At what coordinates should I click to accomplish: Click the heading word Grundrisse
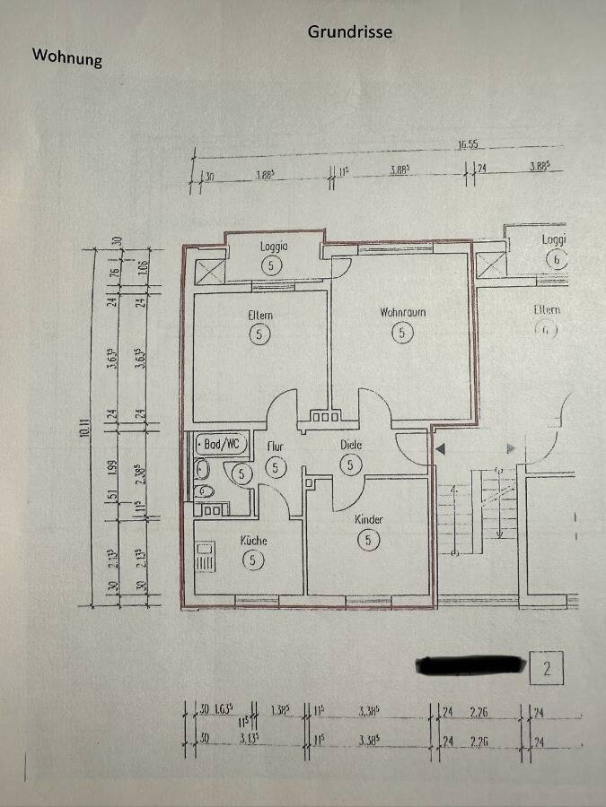(x=350, y=31)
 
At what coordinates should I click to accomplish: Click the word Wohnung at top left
(x=67, y=56)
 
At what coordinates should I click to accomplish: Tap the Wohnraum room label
(x=402, y=313)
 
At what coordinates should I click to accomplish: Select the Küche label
(x=253, y=541)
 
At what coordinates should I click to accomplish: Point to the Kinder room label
(x=368, y=520)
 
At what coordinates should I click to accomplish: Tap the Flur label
(x=276, y=446)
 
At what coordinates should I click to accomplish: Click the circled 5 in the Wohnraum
(x=402, y=333)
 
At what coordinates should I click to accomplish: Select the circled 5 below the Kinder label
(x=368, y=540)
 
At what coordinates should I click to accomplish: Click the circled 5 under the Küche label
(x=253, y=560)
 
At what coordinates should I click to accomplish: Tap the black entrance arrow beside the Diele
(x=440, y=447)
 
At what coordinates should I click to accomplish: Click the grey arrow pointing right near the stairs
(x=511, y=447)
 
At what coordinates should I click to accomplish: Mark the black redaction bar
(x=470, y=664)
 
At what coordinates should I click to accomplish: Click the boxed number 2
(x=547, y=668)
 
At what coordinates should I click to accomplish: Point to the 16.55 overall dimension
(x=467, y=143)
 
